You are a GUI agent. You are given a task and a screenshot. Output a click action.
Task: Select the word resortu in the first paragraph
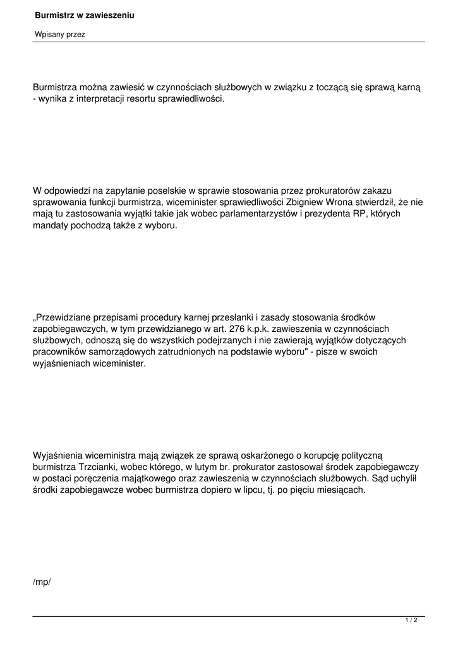(144, 100)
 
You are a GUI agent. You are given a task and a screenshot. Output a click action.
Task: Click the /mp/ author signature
(42, 581)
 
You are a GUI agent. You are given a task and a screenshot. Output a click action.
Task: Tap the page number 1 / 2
(411, 621)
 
